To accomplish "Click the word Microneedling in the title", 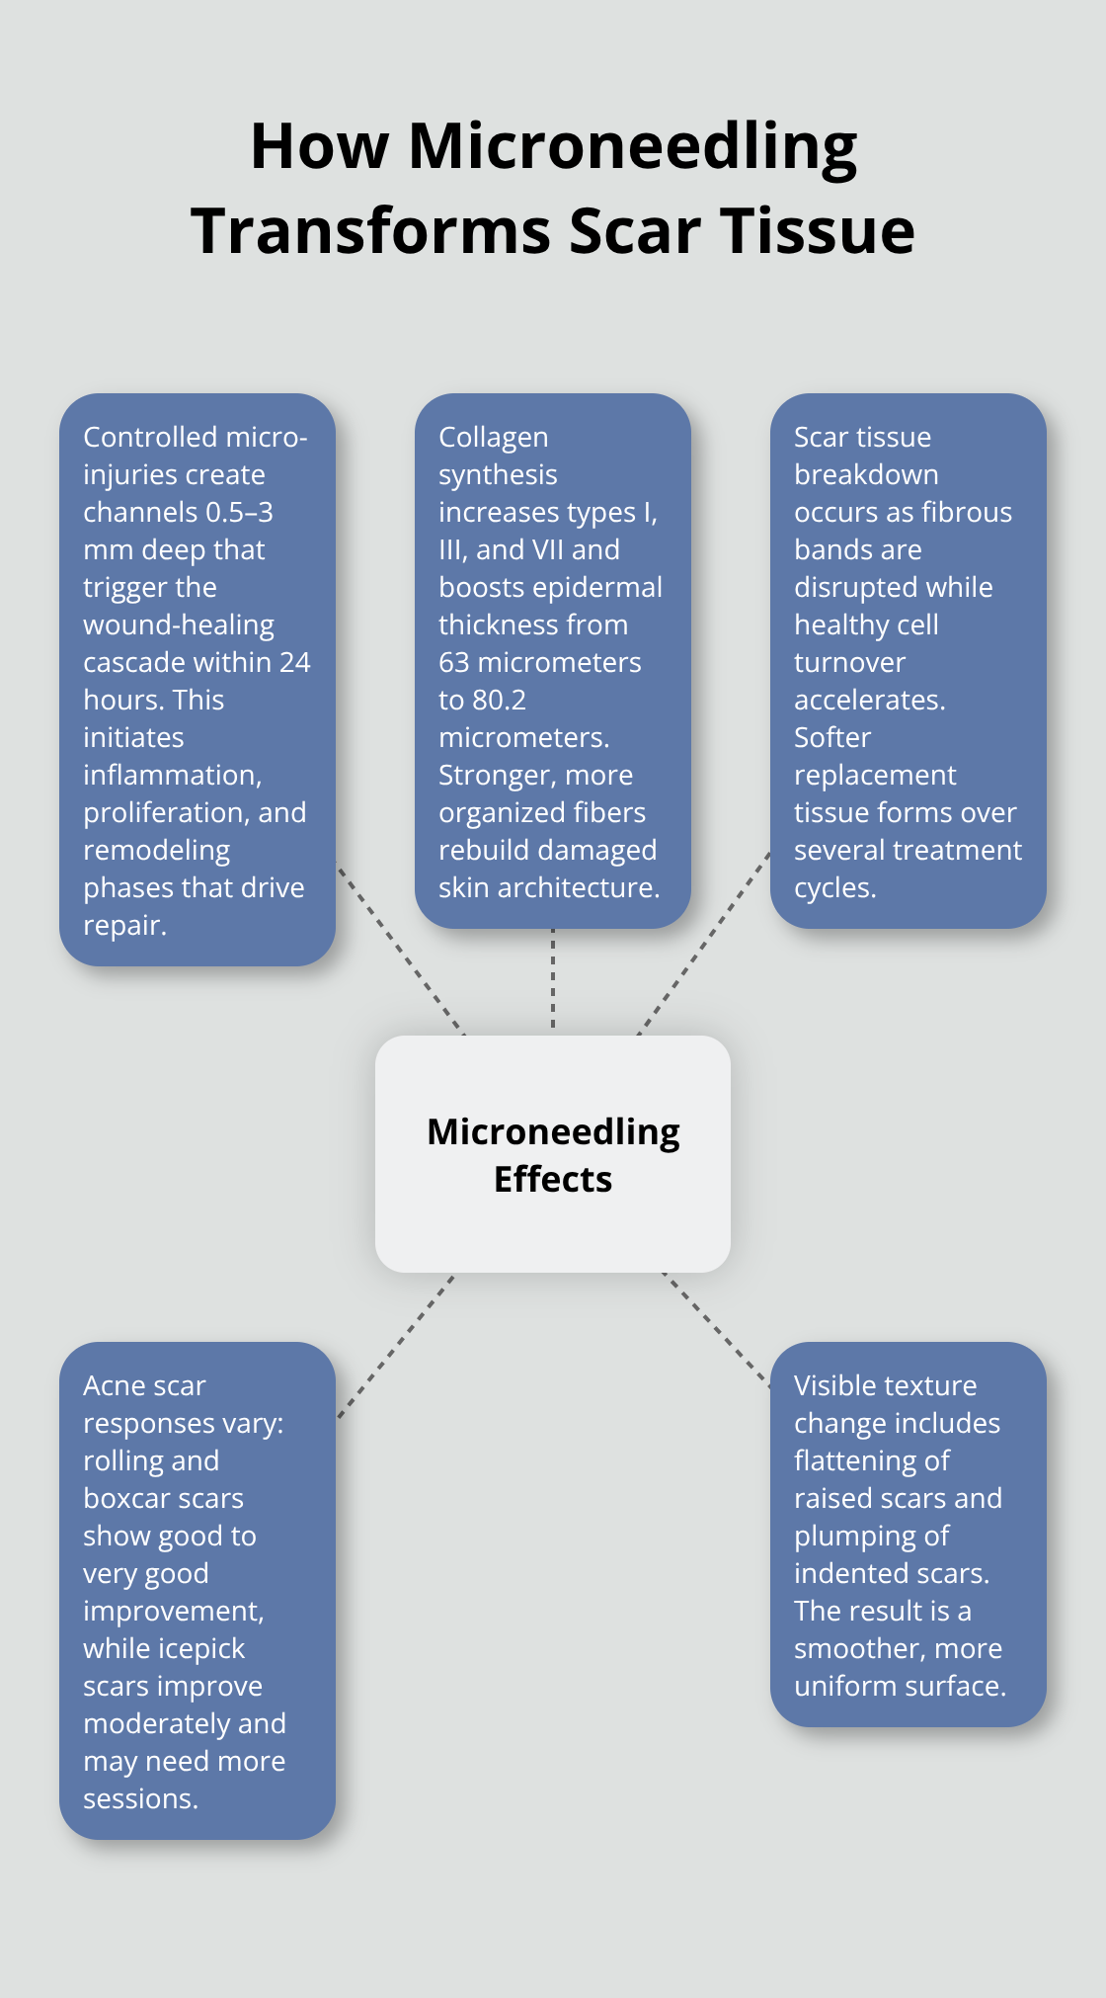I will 632,147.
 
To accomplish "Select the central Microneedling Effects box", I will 553,1153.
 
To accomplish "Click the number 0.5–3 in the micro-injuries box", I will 239,512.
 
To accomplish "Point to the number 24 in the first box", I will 294,662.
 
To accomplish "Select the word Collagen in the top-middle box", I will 493,437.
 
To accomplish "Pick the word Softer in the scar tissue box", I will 832,737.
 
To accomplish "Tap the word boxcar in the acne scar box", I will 124,1498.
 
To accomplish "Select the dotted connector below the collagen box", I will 553,981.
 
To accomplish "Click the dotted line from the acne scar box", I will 395,1347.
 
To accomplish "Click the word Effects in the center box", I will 553,1179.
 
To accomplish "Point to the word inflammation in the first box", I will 172,775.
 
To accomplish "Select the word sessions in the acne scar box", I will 140,1798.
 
